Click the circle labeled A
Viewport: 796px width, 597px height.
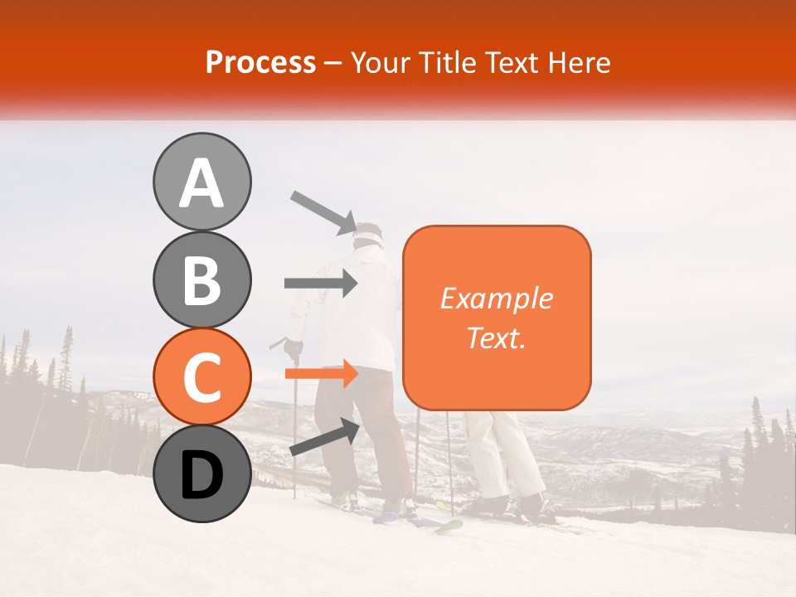pyautogui.click(x=201, y=182)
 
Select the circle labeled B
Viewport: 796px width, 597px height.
pyautogui.click(x=201, y=279)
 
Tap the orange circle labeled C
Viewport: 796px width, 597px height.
pyautogui.click(x=201, y=377)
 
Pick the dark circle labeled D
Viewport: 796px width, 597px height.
pyautogui.click(x=201, y=473)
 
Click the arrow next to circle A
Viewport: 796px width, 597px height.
pyautogui.click(x=323, y=211)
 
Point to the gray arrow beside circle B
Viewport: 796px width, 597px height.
pyautogui.click(x=320, y=284)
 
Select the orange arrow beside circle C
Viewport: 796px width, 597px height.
pyautogui.click(x=320, y=374)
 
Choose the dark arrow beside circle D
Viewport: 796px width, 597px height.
pyautogui.click(x=324, y=438)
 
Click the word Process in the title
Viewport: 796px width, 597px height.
pyautogui.click(x=260, y=62)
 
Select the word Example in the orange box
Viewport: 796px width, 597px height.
pyautogui.click(x=496, y=298)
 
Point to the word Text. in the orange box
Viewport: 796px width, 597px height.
pyautogui.click(x=496, y=337)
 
